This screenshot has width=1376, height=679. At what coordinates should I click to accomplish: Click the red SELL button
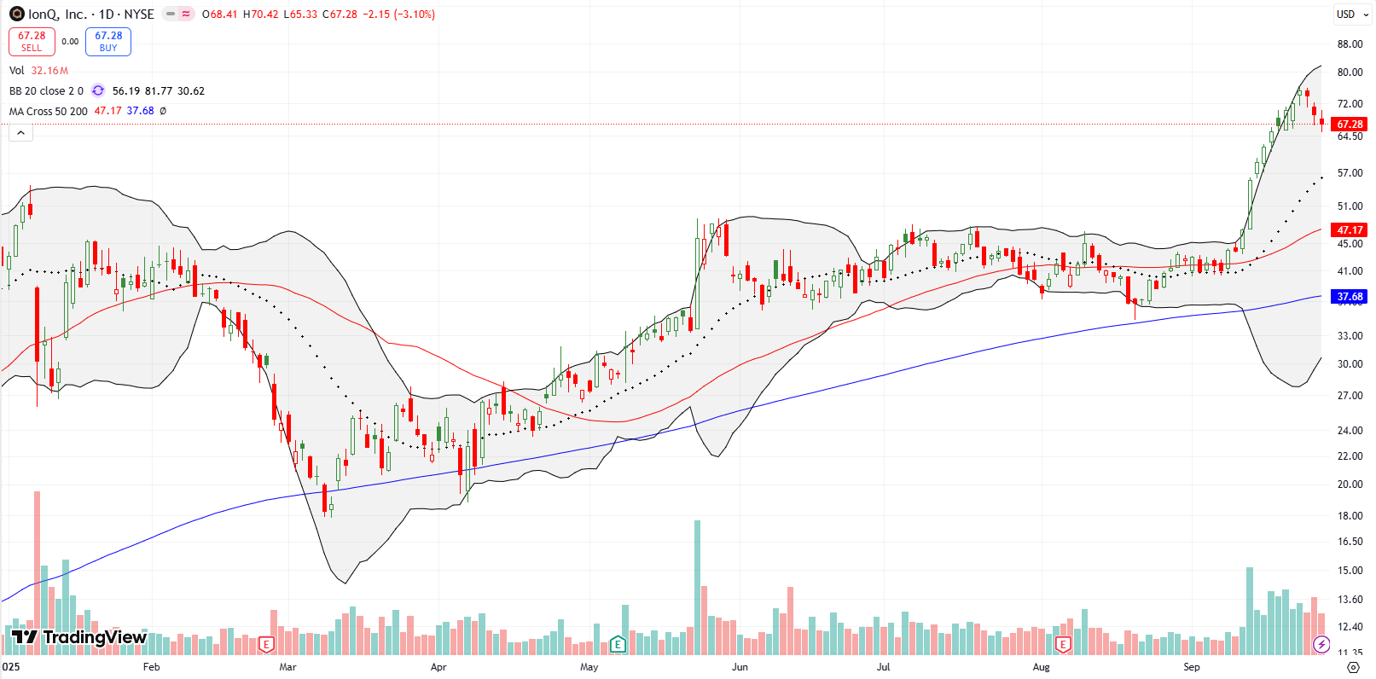point(32,41)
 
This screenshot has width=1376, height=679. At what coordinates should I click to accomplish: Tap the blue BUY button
point(108,41)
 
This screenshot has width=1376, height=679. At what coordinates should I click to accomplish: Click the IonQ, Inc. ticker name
point(57,15)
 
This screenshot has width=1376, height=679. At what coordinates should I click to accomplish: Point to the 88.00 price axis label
point(1350,44)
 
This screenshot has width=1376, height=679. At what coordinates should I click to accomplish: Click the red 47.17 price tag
point(1350,230)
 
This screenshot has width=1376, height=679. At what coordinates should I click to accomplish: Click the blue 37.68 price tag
point(1350,297)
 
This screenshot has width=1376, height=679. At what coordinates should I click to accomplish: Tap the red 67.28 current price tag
point(1350,125)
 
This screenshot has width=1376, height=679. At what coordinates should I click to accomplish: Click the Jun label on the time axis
point(740,667)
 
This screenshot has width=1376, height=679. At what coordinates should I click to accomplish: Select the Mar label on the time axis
point(287,667)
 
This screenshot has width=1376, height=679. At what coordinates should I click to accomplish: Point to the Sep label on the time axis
point(1191,667)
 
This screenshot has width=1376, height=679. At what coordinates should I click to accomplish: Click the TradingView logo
point(79,637)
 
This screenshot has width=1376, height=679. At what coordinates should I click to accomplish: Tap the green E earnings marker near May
point(618,644)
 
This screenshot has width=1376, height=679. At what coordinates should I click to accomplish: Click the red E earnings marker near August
point(1063,644)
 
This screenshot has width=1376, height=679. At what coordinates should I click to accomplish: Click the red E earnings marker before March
point(266,644)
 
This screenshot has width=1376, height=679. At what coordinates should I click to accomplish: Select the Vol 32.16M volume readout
point(38,71)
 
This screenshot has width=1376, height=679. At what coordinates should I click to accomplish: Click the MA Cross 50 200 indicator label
point(49,112)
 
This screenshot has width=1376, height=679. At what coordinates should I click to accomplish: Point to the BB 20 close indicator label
point(46,91)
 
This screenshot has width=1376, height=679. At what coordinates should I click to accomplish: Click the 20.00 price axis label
point(1350,485)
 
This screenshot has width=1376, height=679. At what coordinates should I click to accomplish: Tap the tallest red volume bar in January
point(37,572)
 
